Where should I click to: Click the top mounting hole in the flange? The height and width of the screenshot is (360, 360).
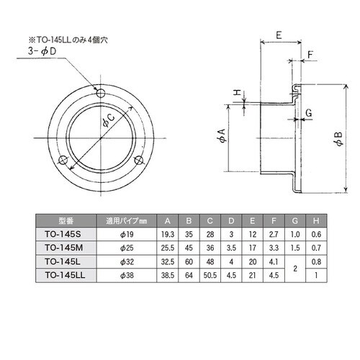[x=101, y=92]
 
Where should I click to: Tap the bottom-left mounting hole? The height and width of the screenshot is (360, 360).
[x=63, y=160]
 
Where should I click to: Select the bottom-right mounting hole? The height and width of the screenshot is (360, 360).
[x=138, y=160]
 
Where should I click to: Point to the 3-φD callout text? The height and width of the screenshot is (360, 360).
[x=42, y=52]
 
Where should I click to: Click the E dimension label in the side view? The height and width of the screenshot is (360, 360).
[x=279, y=35]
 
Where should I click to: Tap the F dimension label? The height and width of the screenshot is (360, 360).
[x=310, y=55]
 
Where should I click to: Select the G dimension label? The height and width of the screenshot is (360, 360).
[x=309, y=112]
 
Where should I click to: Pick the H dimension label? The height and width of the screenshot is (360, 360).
[x=238, y=92]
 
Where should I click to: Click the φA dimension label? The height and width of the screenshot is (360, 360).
[x=222, y=135]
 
